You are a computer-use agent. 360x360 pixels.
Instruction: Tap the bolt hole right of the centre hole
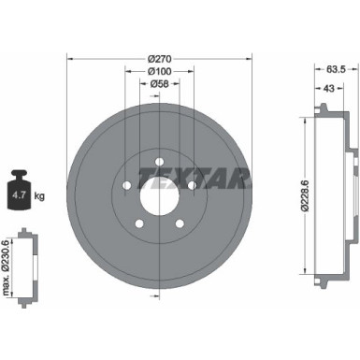coord(193,186)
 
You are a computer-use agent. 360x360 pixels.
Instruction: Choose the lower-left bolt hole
coord(137,223)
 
